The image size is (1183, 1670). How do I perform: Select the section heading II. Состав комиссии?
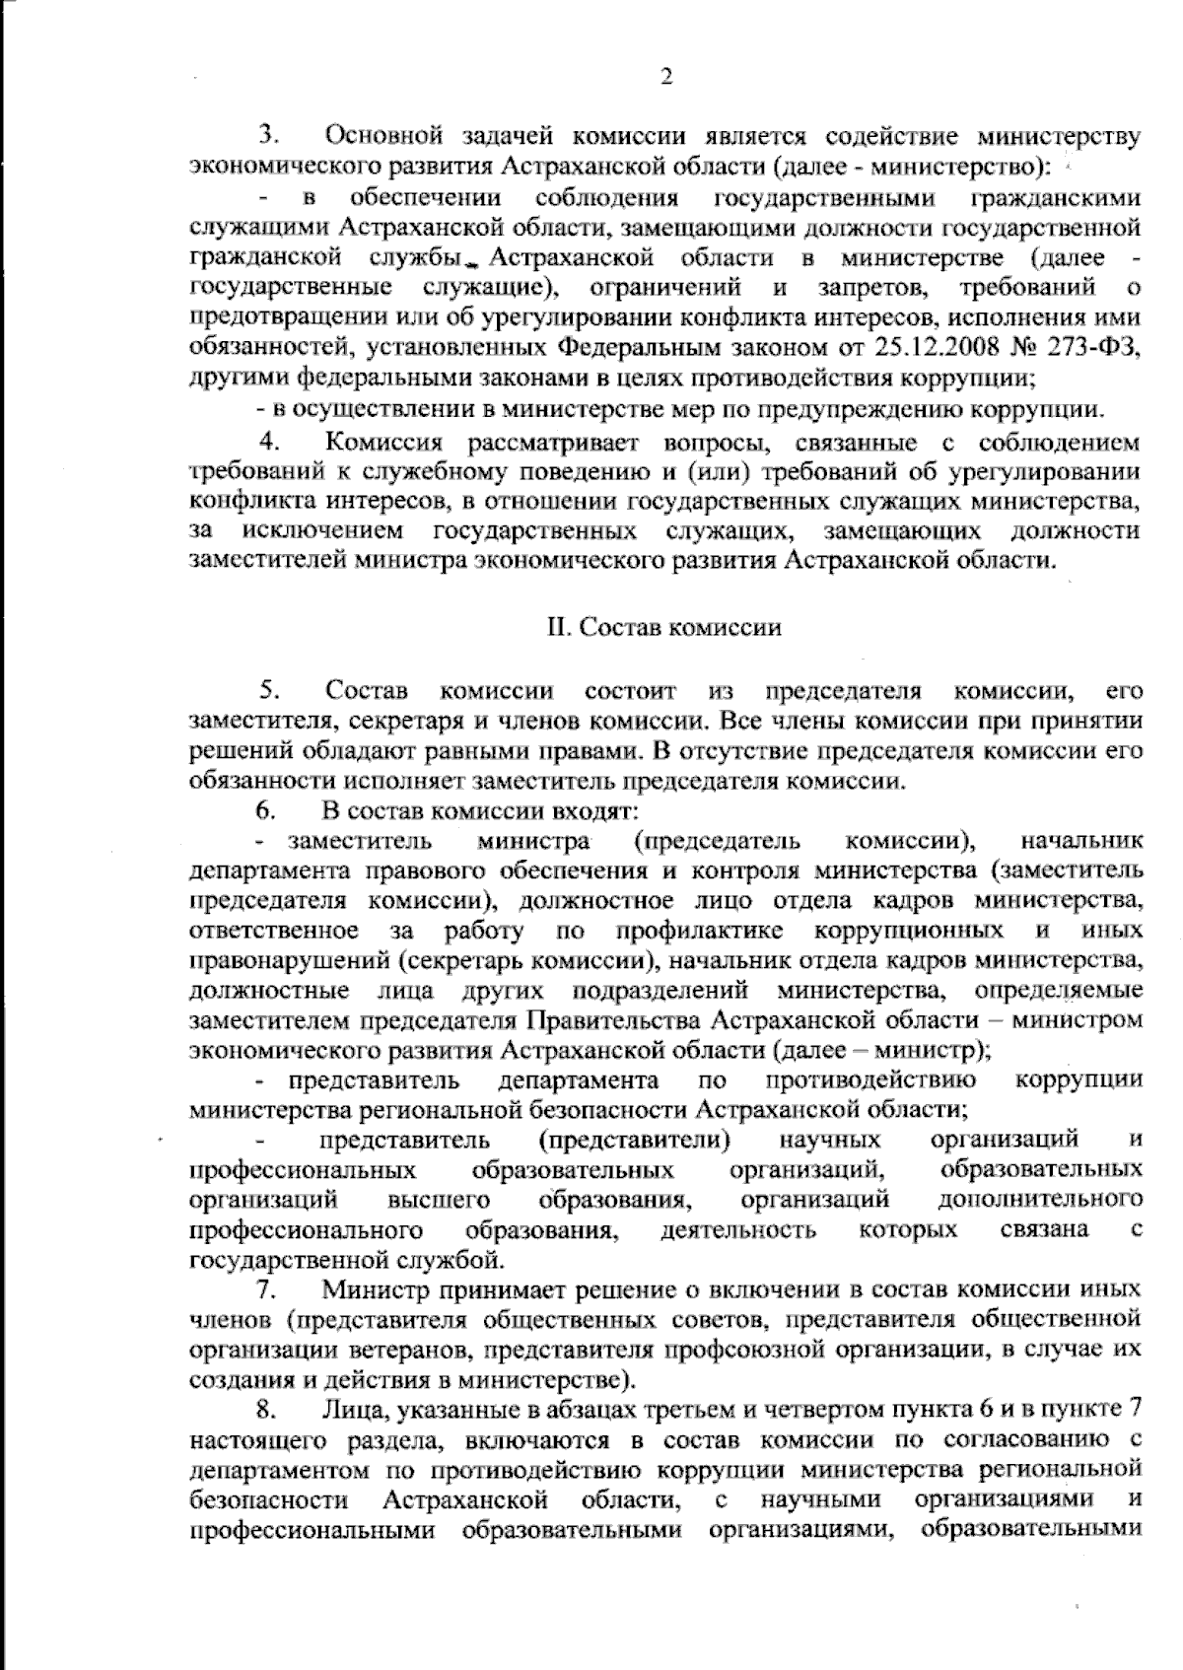(x=664, y=627)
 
